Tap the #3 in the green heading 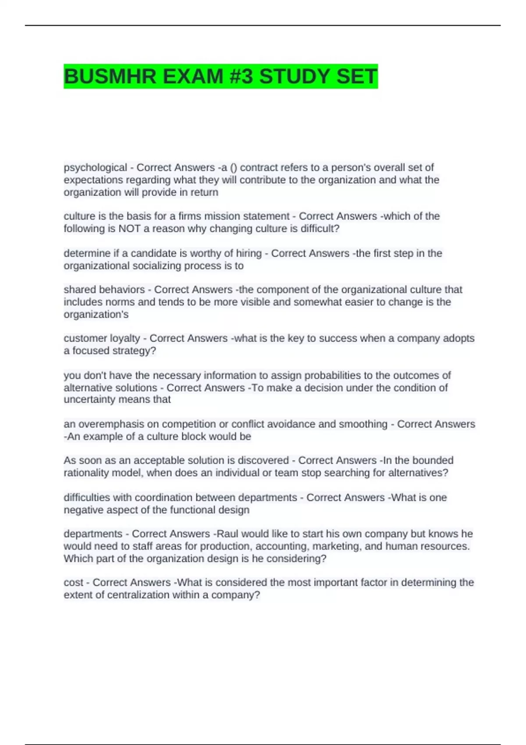[x=241, y=77]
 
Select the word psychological [x=95, y=167]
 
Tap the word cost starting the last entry [x=73, y=582]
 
